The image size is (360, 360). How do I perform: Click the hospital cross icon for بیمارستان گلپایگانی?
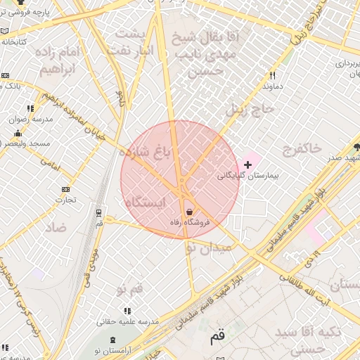coord(247,164)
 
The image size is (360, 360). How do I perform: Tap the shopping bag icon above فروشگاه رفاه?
coord(188,212)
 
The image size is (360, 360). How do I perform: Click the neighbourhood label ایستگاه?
coord(146,202)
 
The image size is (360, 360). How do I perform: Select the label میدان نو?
coord(206,247)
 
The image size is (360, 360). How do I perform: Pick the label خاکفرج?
coord(302,148)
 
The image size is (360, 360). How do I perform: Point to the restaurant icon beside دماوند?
coord(272,75)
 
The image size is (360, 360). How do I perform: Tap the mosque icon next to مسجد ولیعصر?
coord(18,134)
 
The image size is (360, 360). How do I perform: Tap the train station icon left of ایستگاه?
coord(99,213)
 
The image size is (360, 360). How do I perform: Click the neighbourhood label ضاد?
coord(56,228)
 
